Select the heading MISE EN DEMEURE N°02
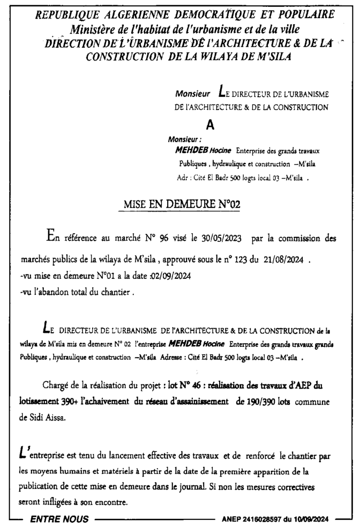(182, 204)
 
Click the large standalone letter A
(209, 125)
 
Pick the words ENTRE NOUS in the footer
(60, 519)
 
